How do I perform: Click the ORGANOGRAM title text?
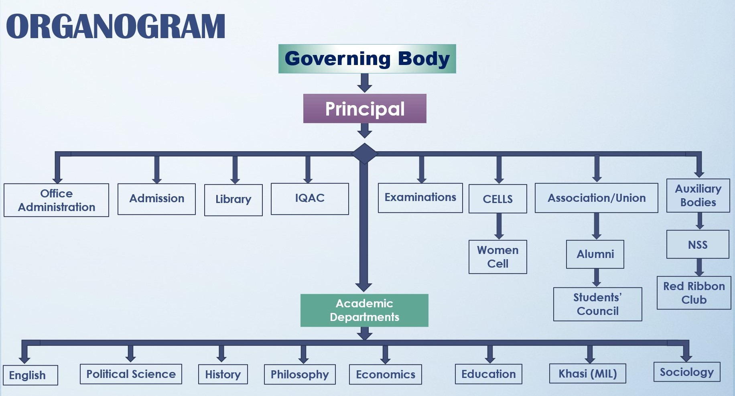click(x=116, y=26)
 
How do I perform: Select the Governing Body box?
click(x=367, y=59)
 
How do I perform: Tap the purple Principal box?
click(x=365, y=109)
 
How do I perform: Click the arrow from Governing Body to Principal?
click(x=365, y=83)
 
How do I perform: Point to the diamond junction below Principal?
click(x=364, y=154)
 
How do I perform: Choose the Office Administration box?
click(x=56, y=200)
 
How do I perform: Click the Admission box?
click(x=156, y=199)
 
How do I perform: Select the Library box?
click(x=233, y=200)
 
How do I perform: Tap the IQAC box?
click(x=310, y=199)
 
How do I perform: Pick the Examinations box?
click(x=420, y=198)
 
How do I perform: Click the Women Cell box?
click(x=497, y=257)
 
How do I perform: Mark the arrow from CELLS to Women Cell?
click(x=499, y=226)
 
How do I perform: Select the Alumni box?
click(x=595, y=254)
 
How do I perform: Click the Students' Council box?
click(x=597, y=304)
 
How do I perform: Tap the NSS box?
click(x=698, y=244)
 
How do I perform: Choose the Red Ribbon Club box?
click(x=694, y=293)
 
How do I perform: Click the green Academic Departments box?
click(x=364, y=310)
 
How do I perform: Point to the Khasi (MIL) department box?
click(x=587, y=374)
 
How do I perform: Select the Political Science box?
click(x=131, y=374)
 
